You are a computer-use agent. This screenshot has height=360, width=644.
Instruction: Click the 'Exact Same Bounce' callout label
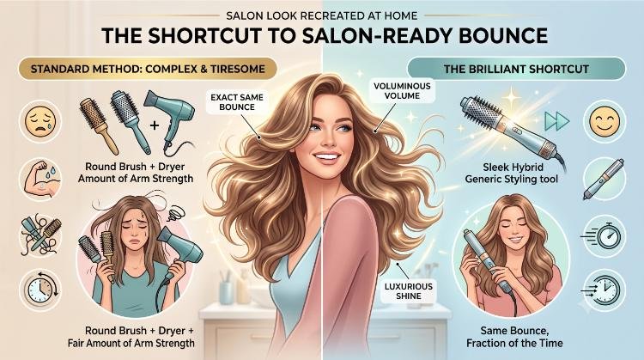[x=237, y=102]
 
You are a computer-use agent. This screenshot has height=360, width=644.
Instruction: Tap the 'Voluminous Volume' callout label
[x=397, y=91]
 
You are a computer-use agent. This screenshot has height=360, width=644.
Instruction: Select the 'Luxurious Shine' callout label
[x=408, y=291]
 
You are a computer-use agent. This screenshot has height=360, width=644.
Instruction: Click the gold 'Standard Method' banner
[x=148, y=68]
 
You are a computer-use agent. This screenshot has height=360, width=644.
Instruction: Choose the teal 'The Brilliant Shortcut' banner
[x=516, y=69]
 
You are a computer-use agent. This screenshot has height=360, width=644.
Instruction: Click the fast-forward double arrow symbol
[x=556, y=121]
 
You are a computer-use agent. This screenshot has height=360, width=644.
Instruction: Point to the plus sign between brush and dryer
[x=155, y=125]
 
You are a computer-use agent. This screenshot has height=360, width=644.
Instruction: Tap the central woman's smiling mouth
[x=326, y=157]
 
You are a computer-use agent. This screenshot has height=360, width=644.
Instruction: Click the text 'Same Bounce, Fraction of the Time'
[x=514, y=337]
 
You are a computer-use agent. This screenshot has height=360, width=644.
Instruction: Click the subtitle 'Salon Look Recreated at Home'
[x=322, y=16]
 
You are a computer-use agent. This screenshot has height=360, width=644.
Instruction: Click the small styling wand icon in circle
[x=604, y=179]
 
